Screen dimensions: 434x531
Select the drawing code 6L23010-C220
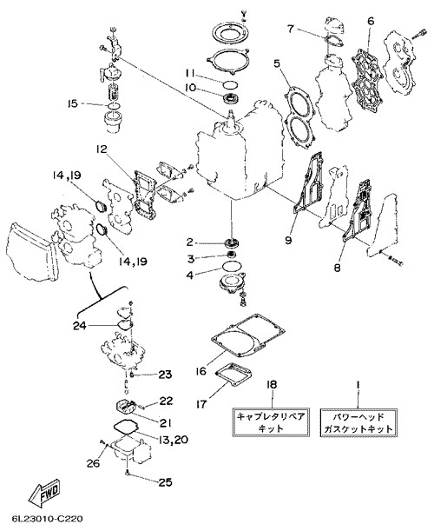pos(47,519)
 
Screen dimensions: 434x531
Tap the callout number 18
pos(272,384)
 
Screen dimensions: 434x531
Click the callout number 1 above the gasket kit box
pos(358,385)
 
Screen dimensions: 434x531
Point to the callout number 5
pos(277,63)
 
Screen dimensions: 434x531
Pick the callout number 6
pos(371,21)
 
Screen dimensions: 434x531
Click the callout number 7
pos(290,29)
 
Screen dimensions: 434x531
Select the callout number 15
pos(72,103)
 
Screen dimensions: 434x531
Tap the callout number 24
pos(80,326)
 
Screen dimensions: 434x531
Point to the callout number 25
pos(166,481)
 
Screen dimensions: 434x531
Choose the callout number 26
pos(94,462)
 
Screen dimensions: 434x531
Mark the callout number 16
pos(201,371)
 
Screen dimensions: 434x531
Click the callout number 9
pos(288,240)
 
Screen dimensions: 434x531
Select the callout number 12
pos(101,149)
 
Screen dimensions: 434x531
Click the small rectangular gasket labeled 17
pos(233,375)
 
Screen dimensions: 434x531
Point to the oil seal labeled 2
pos(232,242)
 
